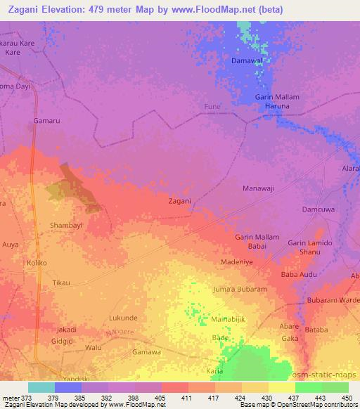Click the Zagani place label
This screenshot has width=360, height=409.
(180, 201)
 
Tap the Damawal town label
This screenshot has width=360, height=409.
(247, 62)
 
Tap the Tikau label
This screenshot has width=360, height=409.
(62, 283)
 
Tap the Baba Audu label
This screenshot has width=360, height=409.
(299, 275)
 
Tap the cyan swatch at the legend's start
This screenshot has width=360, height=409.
(41, 387)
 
